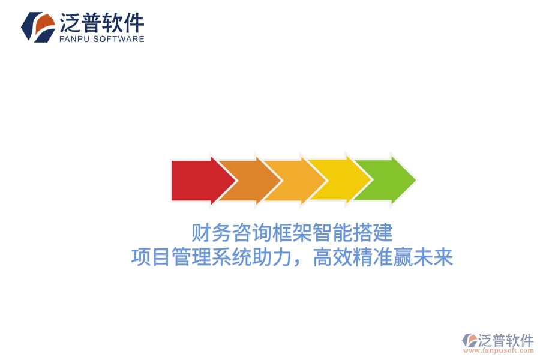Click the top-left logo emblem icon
click(x=38, y=27)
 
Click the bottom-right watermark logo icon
click(x=469, y=340)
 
